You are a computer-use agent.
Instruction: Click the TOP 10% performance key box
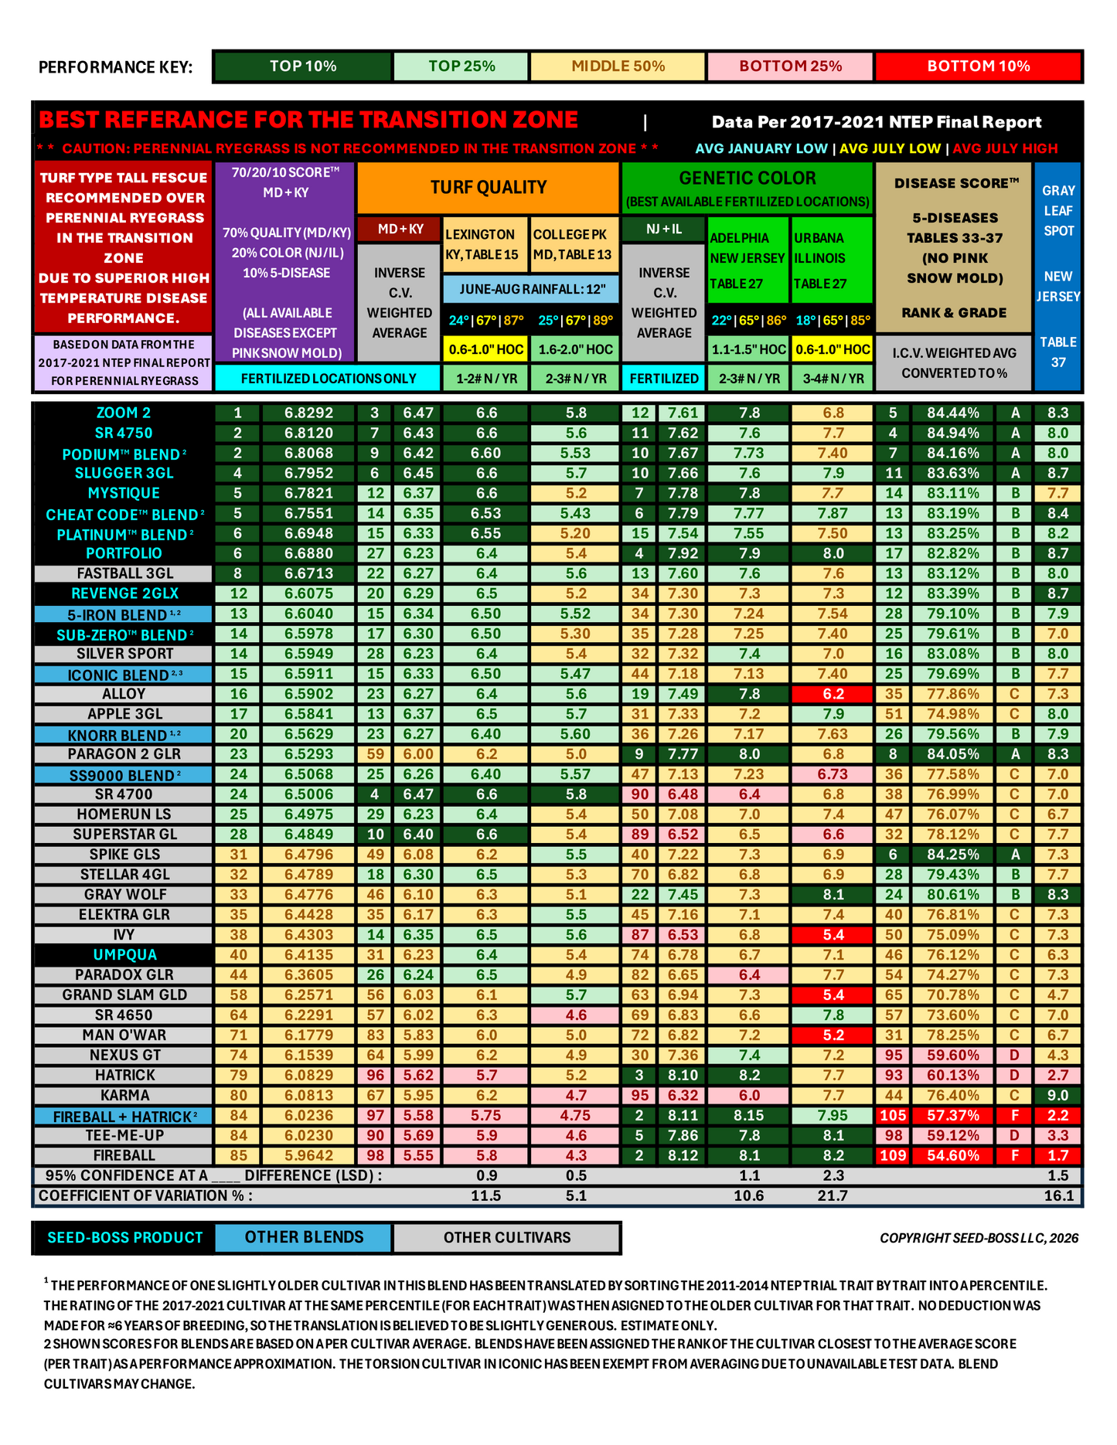[x=302, y=66]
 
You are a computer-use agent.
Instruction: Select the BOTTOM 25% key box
[x=790, y=66]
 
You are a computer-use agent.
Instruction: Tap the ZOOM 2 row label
[x=124, y=413]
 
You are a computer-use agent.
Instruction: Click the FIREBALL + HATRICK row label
[x=124, y=1117]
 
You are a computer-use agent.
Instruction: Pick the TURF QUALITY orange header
[x=489, y=187]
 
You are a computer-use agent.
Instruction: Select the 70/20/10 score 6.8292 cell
[x=308, y=413]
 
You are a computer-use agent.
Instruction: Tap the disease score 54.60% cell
[x=953, y=1156]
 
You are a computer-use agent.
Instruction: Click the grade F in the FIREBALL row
[x=1015, y=1156]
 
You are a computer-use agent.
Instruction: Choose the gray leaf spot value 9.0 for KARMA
[x=1058, y=1096]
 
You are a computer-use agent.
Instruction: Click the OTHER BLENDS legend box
[x=304, y=1237]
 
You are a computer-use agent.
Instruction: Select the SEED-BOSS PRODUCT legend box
[x=124, y=1237]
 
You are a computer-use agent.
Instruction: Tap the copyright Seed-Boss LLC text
[x=979, y=1238]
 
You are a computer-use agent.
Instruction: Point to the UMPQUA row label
[x=124, y=955]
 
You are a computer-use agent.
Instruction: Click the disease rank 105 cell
[x=894, y=1116]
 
